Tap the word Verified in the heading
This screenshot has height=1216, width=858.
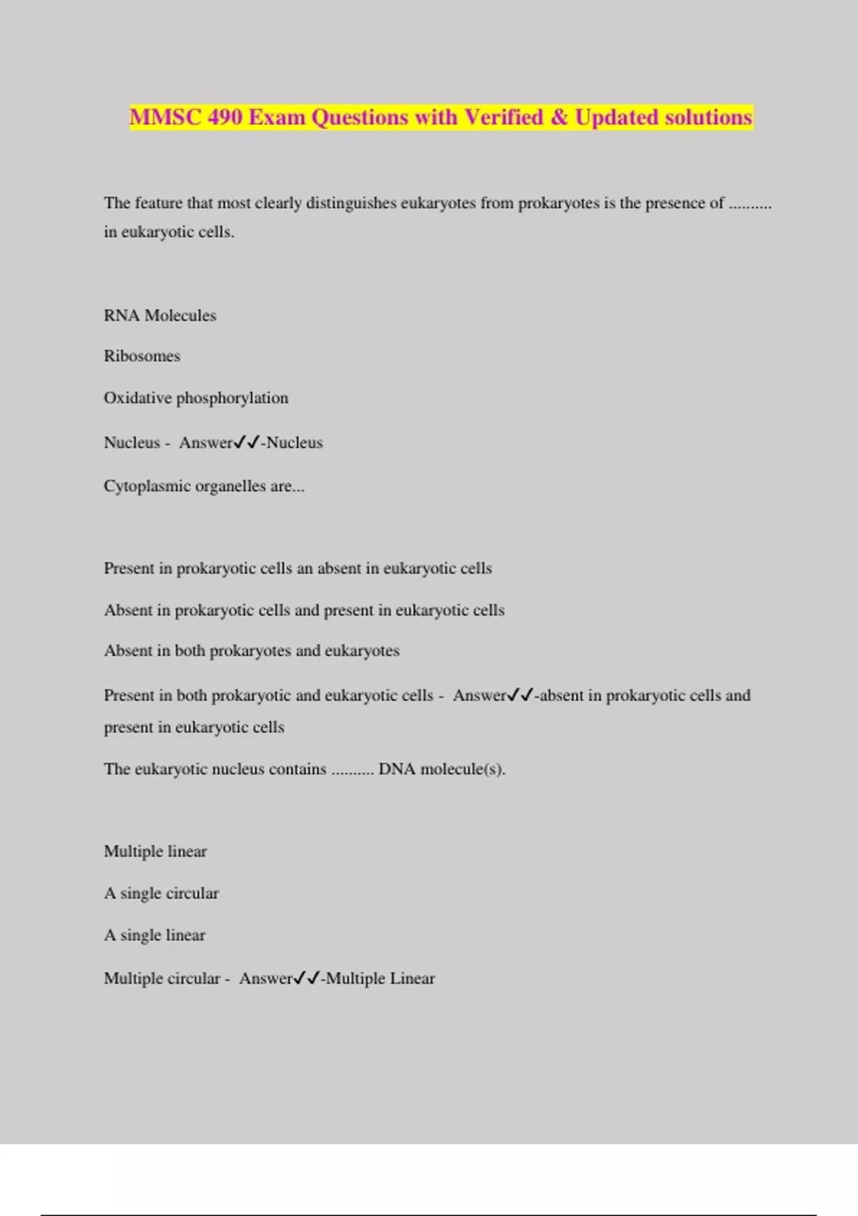click(x=503, y=117)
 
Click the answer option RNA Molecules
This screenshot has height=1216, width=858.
click(x=159, y=315)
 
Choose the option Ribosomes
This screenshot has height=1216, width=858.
click(x=142, y=356)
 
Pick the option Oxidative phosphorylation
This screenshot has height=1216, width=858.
click(x=196, y=398)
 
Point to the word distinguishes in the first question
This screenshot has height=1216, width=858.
click(x=350, y=203)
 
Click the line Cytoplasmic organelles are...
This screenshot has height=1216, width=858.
click(x=204, y=486)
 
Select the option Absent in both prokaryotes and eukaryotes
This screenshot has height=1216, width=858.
click(x=252, y=651)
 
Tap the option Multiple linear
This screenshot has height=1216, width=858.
click(x=155, y=851)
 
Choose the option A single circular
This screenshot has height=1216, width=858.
click(x=162, y=893)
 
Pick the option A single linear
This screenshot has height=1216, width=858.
click(x=154, y=936)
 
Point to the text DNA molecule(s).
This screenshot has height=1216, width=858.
click(x=441, y=770)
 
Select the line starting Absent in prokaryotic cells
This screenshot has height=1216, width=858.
click(x=304, y=610)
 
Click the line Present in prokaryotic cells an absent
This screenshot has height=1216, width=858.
click(x=297, y=569)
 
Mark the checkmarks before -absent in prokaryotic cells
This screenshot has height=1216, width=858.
click(x=521, y=695)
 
